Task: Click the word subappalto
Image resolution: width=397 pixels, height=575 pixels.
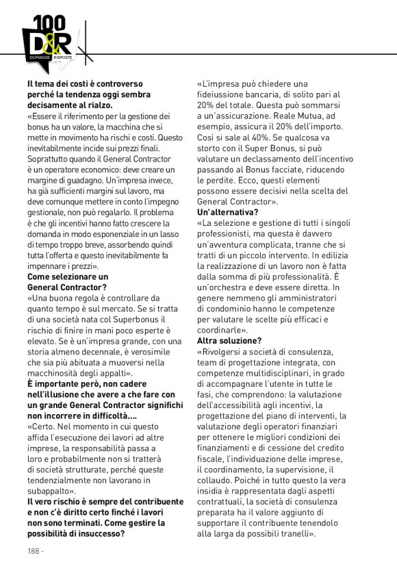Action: pos(51,491)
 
